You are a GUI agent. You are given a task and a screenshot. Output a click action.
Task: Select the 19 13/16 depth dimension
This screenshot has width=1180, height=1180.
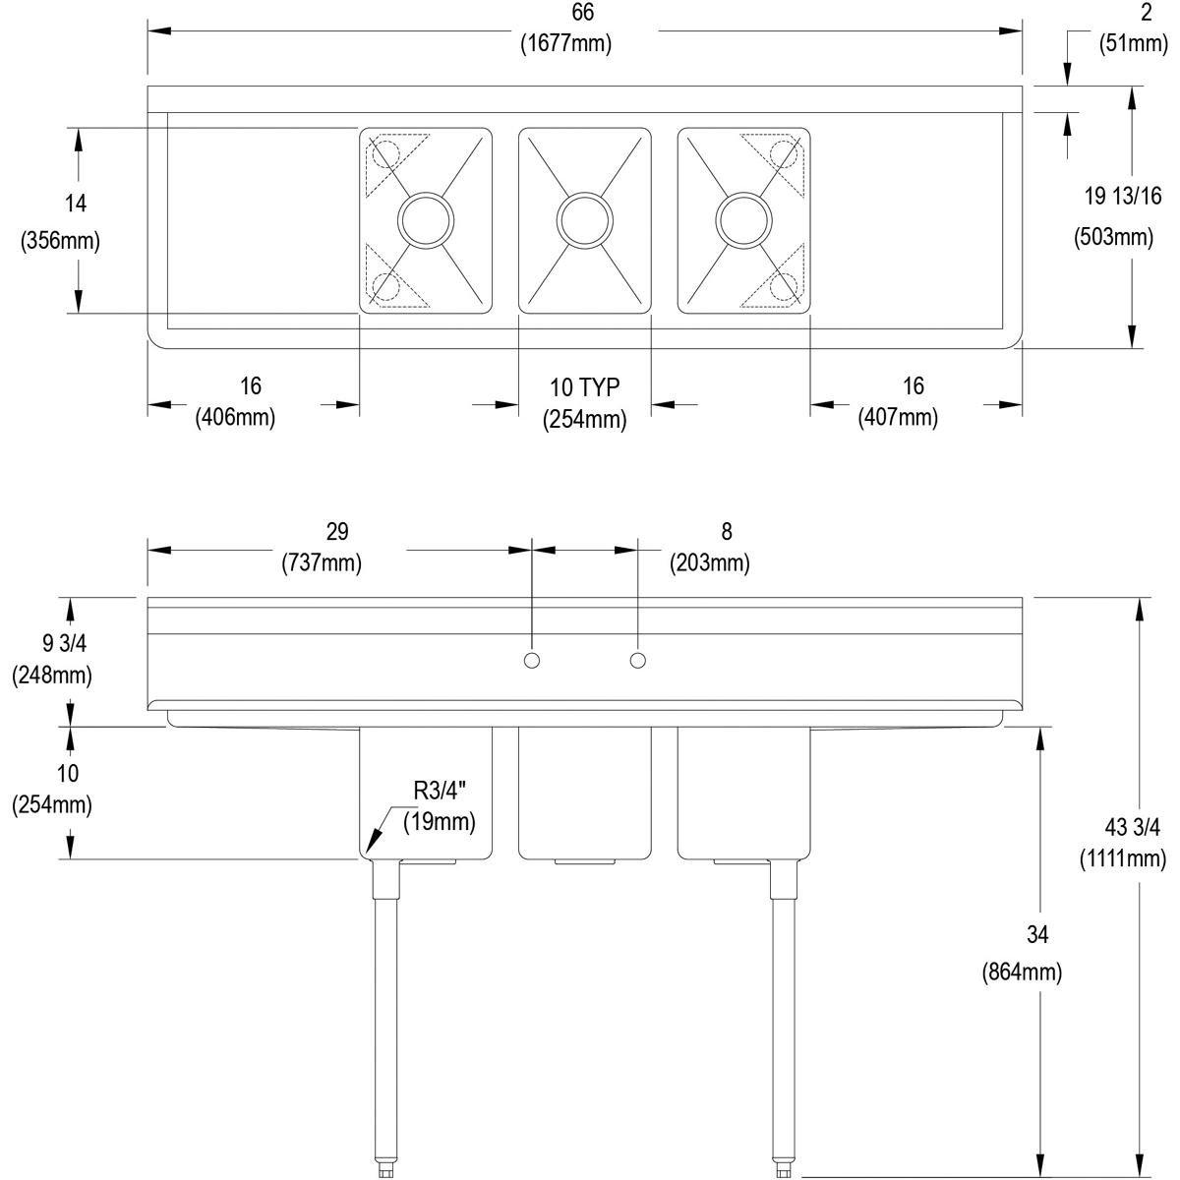click(1122, 196)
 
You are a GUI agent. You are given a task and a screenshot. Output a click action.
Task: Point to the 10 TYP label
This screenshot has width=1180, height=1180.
click(584, 386)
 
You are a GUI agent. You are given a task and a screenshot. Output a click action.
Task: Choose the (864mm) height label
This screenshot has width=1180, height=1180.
click(1022, 973)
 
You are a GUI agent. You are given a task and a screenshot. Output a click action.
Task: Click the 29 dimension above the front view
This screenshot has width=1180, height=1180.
click(336, 532)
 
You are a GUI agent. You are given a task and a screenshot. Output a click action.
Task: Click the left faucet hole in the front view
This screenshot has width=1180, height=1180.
click(532, 661)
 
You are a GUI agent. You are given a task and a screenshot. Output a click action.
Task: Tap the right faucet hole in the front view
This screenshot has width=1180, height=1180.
click(638, 661)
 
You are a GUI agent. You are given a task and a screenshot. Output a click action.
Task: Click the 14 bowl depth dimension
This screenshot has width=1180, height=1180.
click(76, 204)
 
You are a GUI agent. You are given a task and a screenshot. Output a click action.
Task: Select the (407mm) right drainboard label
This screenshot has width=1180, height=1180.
click(898, 417)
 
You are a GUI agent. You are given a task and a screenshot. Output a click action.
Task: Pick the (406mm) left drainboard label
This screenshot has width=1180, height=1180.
click(235, 417)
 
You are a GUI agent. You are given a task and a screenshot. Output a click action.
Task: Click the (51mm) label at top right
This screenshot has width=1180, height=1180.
click(1122, 43)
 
